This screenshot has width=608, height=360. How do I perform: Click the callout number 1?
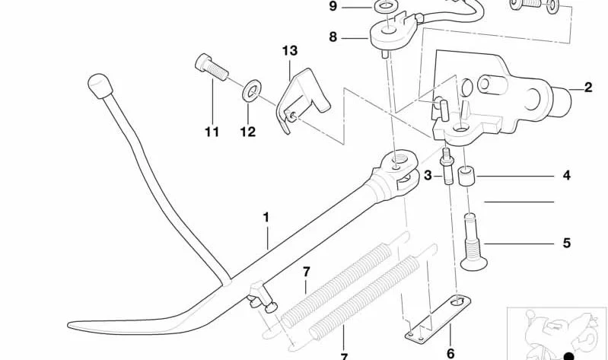coord(266,217)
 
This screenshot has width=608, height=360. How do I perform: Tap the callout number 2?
coord(588,88)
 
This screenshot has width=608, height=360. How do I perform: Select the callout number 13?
coord(290,50)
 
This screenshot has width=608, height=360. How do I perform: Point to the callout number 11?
coord(212,132)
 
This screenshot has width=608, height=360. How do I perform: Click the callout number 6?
coord(450,353)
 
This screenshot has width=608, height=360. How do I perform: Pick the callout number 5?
coord(566,243)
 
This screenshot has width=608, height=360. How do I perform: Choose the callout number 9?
coord(333,6)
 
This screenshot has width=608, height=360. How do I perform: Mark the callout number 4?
coord(566,175)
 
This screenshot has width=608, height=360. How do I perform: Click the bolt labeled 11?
coord(212,67)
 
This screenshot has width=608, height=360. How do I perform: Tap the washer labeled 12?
coord(252,90)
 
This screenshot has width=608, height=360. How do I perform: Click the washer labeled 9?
coord(384,6)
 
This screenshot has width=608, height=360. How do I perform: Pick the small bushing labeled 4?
coord(465,176)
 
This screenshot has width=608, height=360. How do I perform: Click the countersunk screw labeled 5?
coord(473,243)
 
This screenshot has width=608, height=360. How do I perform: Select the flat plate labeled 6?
coord(438,318)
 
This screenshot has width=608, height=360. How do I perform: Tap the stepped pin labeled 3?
coord(447,167)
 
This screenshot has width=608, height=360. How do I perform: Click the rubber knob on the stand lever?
coord(100,86)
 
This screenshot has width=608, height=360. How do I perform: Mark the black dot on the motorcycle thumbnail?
coord(568,356)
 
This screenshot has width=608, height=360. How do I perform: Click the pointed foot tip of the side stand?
coord(71,324)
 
